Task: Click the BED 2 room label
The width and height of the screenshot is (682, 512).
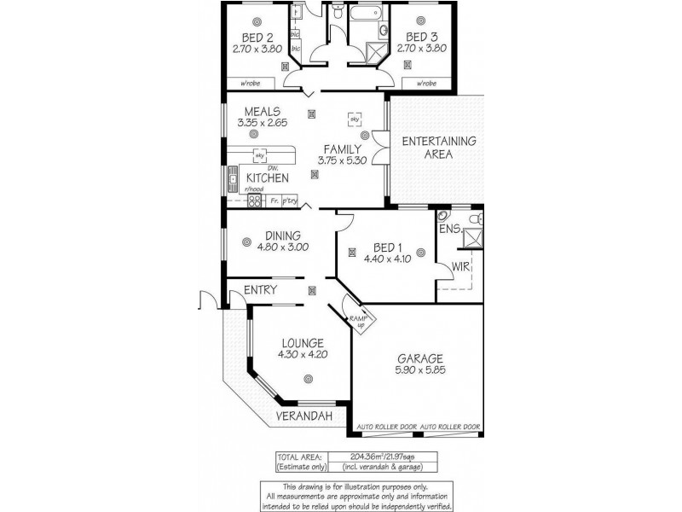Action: tap(257, 38)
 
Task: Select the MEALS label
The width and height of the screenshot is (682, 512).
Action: tap(263, 111)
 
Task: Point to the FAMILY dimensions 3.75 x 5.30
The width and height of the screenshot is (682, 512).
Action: tap(342, 160)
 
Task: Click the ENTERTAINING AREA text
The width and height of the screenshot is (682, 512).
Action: tap(439, 148)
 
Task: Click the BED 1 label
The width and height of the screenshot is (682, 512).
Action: tap(382, 247)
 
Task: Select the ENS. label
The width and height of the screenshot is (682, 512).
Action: tap(450, 230)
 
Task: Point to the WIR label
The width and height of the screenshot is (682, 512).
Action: tap(461, 266)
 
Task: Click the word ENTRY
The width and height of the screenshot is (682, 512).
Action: tap(260, 290)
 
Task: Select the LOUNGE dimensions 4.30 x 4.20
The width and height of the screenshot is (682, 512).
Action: tap(303, 354)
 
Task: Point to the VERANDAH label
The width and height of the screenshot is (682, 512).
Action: tap(303, 416)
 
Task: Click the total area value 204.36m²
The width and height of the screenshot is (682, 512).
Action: tap(368, 457)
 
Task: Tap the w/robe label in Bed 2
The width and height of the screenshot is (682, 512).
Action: tap(249, 84)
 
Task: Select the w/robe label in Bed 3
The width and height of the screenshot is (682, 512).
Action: tap(425, 84)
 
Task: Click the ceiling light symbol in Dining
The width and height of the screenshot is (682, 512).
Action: tap(246, 241)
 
